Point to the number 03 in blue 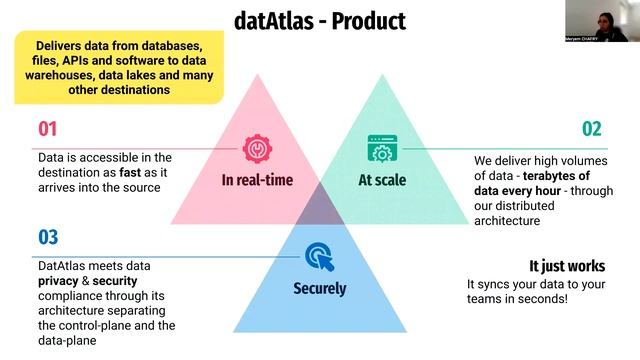click(x=48, y=237)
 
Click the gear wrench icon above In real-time click(x=258, y=150)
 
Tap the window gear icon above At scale click(x=380, y=150)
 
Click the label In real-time click(x=258, y=181)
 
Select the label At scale click(x=380, y=181)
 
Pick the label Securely click(x=319, y=289)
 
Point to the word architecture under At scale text click(x=507, y=220)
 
